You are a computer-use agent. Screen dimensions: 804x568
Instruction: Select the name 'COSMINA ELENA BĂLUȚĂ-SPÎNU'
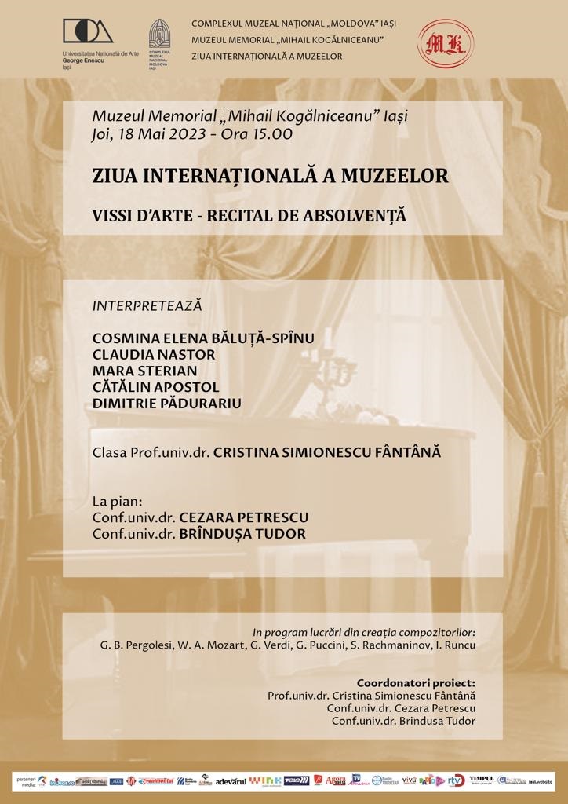pyautogui.click(x=203, y=338)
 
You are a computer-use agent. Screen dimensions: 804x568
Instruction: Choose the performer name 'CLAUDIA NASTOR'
pyautogui.click(x=154, y=354)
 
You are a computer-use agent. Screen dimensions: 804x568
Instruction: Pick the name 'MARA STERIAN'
pyautogui.click(x=145, y=371)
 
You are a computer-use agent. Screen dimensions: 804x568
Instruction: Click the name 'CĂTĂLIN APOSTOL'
pyautogui.click(x=156, y=387)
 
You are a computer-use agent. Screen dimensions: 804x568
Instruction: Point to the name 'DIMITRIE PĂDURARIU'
pyautogui.click(x=167, y=404)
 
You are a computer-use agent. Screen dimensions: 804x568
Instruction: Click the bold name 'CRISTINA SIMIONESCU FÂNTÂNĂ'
pyautogui.click(x=328, y=453)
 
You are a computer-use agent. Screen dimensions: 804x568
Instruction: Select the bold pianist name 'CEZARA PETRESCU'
pyautogui.click(x=244, y=518)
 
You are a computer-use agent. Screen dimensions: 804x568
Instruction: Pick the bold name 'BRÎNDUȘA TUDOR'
pyautogui.click(x=242, y=534)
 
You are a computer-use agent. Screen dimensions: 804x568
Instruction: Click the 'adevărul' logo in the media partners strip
pyautogui.click(x=231, y=780)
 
